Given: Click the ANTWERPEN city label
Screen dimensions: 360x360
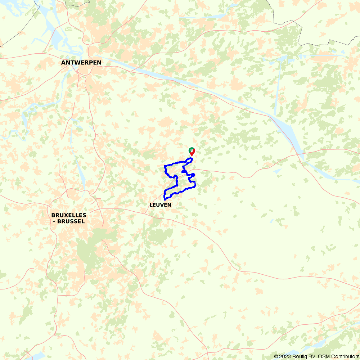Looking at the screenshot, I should tap(81, 63).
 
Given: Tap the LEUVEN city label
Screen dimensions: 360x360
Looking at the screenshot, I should tap(160, 205).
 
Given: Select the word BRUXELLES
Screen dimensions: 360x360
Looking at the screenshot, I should tap(69, 215).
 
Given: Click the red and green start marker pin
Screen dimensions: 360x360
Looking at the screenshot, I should tap(192, 152).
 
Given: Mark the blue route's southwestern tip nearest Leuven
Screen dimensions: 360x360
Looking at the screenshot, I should tap(165, 199).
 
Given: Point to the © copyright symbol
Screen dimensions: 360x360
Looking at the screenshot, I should tap(276, 356).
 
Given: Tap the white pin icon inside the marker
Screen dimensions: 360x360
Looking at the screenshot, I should tap(192, 150).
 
